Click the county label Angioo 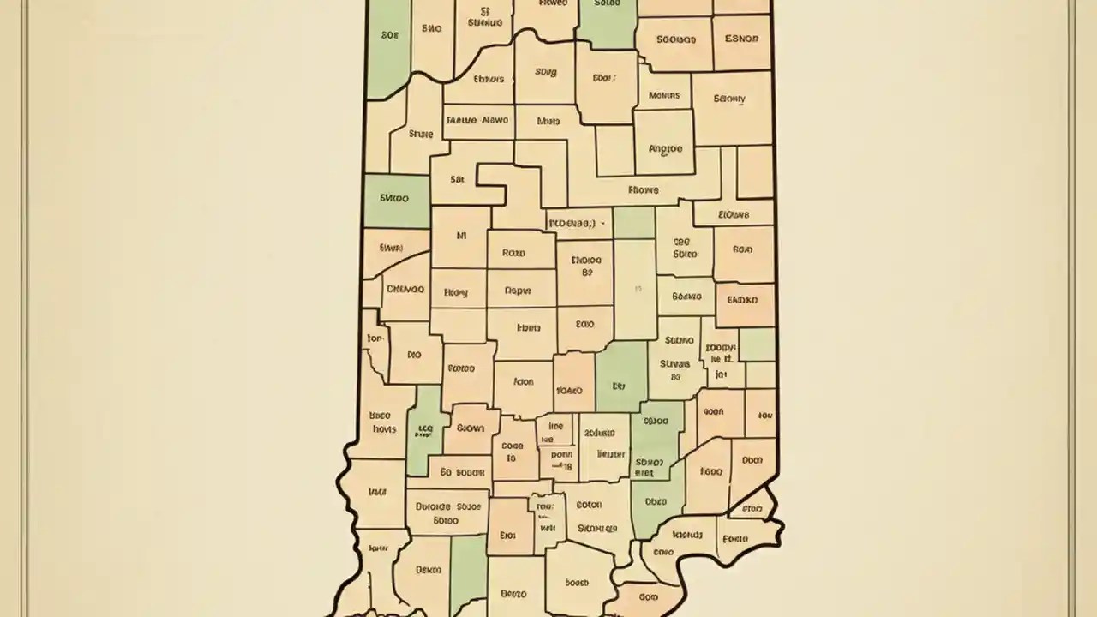point(666,148)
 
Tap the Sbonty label point(729,99)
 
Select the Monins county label point(664,96)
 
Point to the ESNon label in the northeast point(741,39)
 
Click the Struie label point(421,134)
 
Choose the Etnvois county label point(488,79)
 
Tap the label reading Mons point(548,122)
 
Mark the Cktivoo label point(405,290)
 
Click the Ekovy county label point(456,292)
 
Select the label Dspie point(517,291)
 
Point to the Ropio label point(513,254)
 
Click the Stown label point(470,428)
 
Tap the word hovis point(384,428)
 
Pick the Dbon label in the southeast point(752,460)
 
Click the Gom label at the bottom point(650,596)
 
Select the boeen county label point(577,583)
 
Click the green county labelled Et point(620,386)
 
